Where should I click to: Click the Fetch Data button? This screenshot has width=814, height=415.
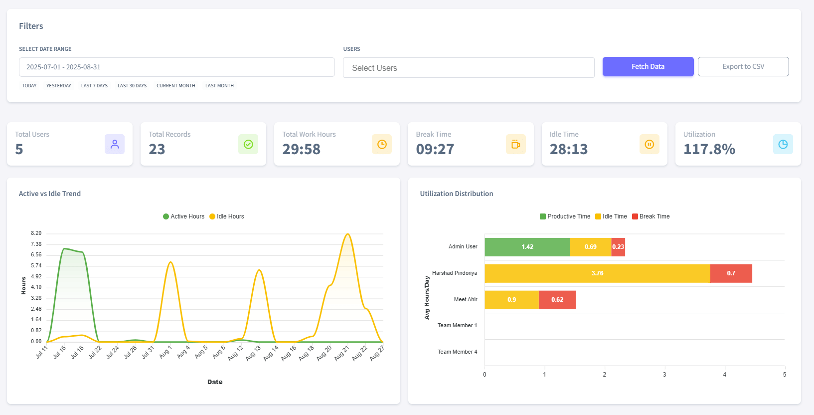point(648,66)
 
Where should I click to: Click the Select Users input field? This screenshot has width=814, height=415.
point(468,68)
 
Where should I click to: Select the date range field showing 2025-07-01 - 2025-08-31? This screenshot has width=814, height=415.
point(176,67)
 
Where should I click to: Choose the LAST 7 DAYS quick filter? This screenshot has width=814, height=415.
point(94,86)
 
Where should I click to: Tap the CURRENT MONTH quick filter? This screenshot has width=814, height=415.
point(175,86)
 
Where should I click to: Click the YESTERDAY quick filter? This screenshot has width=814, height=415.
point(58,86)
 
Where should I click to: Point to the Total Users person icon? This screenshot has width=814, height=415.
point(115,144)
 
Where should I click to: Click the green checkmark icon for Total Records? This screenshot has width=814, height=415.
point(248,144)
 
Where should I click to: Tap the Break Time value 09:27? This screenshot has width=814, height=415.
point(435,149)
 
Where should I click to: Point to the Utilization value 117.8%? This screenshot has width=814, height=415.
point(709,149)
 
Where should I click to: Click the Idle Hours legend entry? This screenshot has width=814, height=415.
point(227,216)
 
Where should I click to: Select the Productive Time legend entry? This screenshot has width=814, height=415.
point(565,216)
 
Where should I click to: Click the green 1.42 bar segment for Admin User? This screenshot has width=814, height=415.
point(527,247)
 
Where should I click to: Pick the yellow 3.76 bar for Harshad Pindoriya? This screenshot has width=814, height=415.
point(597,273)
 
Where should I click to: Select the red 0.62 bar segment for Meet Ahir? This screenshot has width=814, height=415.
point(557,300)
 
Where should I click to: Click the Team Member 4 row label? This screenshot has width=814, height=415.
point(457,352)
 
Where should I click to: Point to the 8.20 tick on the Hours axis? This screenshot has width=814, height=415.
point(36,233)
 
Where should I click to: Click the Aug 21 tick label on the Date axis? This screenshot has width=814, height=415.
point(341,353)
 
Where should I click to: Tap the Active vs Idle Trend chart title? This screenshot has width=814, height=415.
point(50,194)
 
